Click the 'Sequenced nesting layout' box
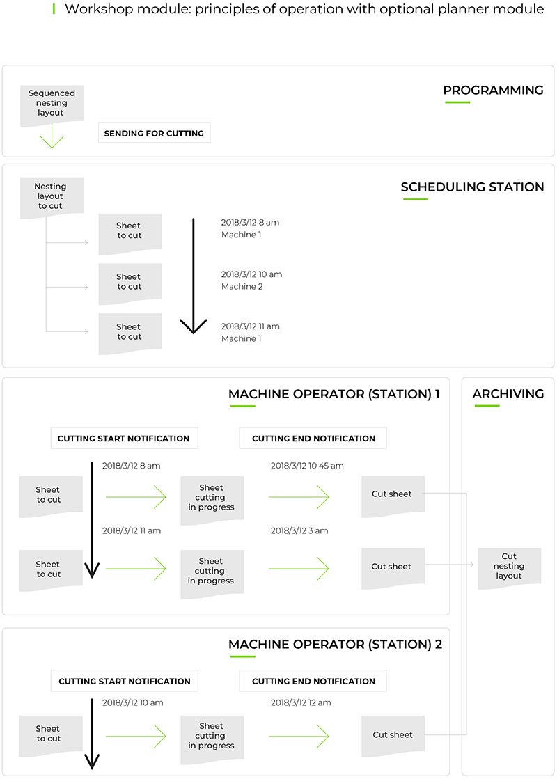click(52, 104)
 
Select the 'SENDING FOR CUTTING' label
click(154, 133)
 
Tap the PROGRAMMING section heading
click(493, 91)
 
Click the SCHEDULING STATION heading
click(472, 187)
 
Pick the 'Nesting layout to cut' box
click(51, 196)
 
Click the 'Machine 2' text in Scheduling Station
click(242, 287)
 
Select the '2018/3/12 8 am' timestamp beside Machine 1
click(250, 223)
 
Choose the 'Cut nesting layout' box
click(509, 567)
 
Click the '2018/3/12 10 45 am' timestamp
click(307, 466)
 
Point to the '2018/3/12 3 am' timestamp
click(299, 531)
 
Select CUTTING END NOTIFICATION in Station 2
click(313, 682)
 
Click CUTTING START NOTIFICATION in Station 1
click(123, 439)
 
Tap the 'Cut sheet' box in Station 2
click(393, 735)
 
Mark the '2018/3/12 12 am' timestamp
click(301, 703)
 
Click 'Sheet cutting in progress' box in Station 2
click(211, 737)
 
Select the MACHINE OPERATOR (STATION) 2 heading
click(335, 645)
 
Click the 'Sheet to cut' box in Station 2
click(49, 734)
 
